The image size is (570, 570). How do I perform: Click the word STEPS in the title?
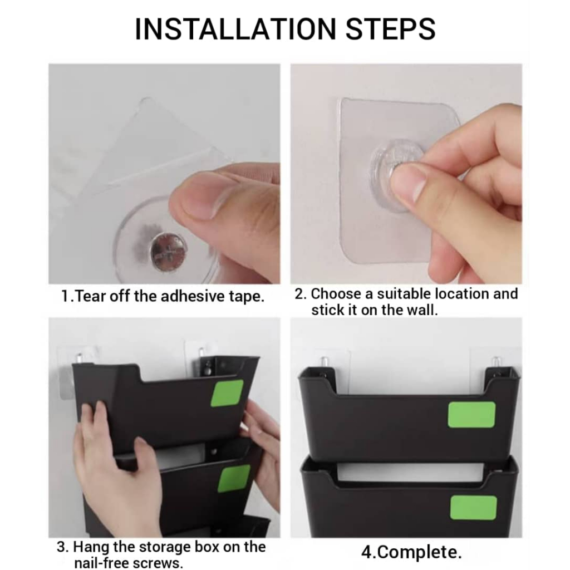coord(390,29)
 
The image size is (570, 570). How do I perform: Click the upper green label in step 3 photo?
coord(227,393)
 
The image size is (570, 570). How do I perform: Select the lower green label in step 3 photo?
coord(234,478)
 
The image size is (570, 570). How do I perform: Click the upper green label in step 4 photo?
coord(471,414)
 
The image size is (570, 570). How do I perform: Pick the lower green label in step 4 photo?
coord(473,508)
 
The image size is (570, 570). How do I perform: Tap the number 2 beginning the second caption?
coord(299,294)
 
